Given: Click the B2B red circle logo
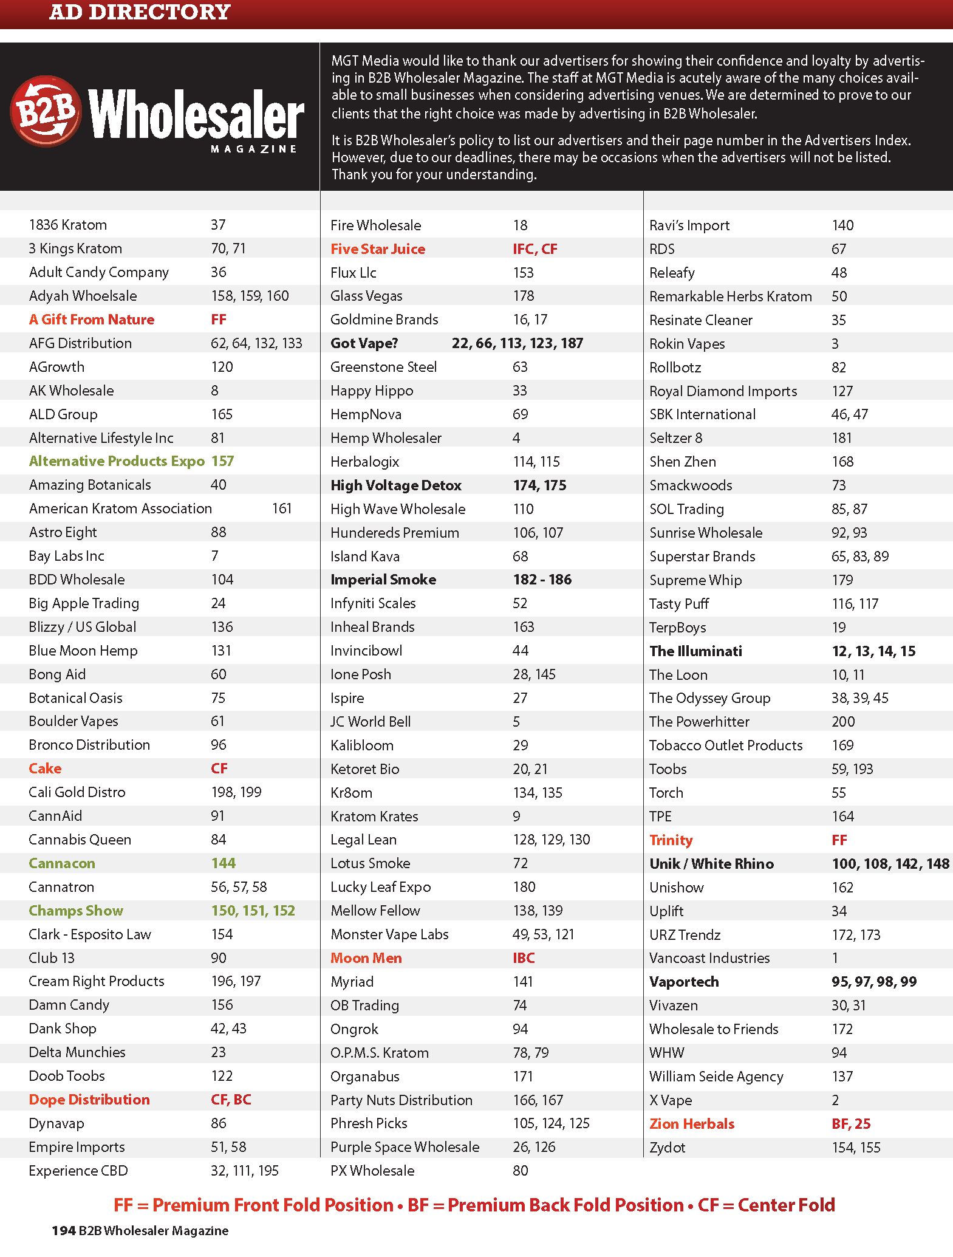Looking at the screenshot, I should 46,111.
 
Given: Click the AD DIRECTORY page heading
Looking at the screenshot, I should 140,12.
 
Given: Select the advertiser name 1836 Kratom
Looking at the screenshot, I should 68,225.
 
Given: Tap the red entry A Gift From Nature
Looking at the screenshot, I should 92,320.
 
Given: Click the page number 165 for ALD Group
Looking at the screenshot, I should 222,414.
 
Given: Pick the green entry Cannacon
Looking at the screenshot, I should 62,863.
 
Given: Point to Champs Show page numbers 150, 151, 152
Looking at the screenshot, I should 253,911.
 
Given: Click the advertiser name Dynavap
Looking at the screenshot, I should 56,1123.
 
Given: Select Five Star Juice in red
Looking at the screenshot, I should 378,249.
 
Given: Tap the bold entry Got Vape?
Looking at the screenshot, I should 364,343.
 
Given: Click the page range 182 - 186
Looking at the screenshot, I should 542,580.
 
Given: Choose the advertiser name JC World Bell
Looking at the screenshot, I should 371,722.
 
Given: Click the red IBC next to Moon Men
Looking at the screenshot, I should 524,958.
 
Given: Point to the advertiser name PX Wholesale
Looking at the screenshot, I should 372,1171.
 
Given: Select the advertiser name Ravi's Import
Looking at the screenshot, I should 689,225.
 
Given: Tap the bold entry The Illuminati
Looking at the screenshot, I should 695,651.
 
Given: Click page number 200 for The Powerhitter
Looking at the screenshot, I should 843,722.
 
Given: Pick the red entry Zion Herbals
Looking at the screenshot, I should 692,1124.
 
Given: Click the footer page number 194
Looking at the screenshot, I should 63,1231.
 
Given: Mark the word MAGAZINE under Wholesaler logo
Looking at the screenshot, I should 253,149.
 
